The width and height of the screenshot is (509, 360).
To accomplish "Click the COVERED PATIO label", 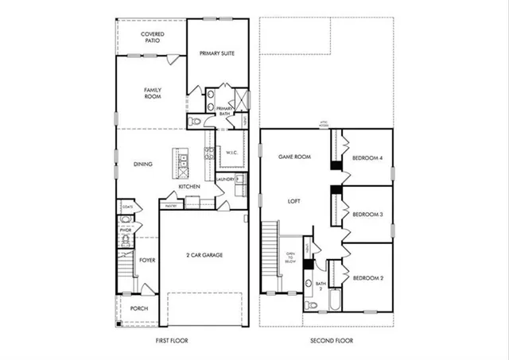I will tap(152, 38).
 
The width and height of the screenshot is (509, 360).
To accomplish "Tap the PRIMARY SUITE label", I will tap(217, 53).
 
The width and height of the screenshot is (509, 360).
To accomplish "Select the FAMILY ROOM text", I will tap(153, 94).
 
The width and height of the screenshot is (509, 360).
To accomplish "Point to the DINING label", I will tap(143, 165).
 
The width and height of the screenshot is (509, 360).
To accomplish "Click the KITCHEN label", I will tap(188, 187).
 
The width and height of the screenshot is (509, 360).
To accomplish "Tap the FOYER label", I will tap(148, 260).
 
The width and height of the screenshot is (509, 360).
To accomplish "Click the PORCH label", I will tap(139, 310).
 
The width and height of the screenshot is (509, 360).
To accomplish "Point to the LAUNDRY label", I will tap(225, 180).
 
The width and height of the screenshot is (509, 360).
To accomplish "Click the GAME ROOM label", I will tap(293, 157).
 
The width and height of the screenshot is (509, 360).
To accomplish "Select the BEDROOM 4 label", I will tap(367, 158).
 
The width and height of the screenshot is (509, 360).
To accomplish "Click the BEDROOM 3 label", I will tap(367, 215).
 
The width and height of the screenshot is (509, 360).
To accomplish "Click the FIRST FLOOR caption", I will tap(171, 341).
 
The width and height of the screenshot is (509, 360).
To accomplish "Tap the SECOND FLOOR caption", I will tap(331, 341).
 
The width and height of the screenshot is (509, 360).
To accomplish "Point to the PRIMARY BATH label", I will tap(224, 111).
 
